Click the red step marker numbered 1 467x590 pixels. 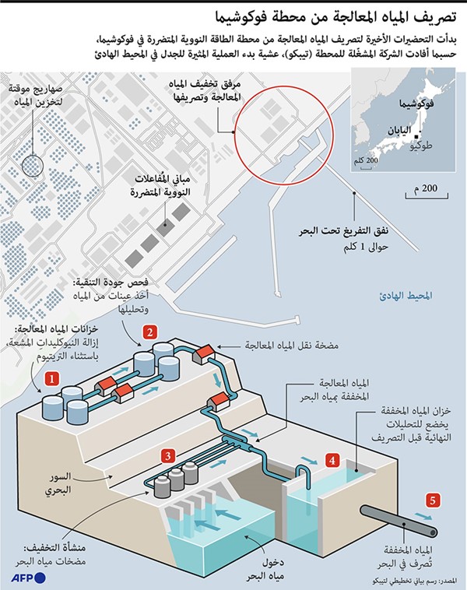tap(52, 378)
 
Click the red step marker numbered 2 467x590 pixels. tap(149, 332)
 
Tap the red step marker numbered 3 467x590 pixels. tap(168, 456)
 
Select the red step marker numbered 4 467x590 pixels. tap(332, 460)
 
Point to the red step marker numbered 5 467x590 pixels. tap(433, 500)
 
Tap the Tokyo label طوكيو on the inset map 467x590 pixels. tap(421, 146)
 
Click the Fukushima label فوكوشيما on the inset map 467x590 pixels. tap(416, 103)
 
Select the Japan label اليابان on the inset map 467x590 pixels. tap(399, 131)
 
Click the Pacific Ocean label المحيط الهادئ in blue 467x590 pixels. tap(406, 295)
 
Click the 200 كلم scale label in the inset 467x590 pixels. tap(365, 160)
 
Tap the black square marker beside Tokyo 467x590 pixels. tap(416, 136)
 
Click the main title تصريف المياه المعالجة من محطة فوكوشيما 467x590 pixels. tap(335, 17)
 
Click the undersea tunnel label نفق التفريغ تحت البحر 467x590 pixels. tap(343, 230)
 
